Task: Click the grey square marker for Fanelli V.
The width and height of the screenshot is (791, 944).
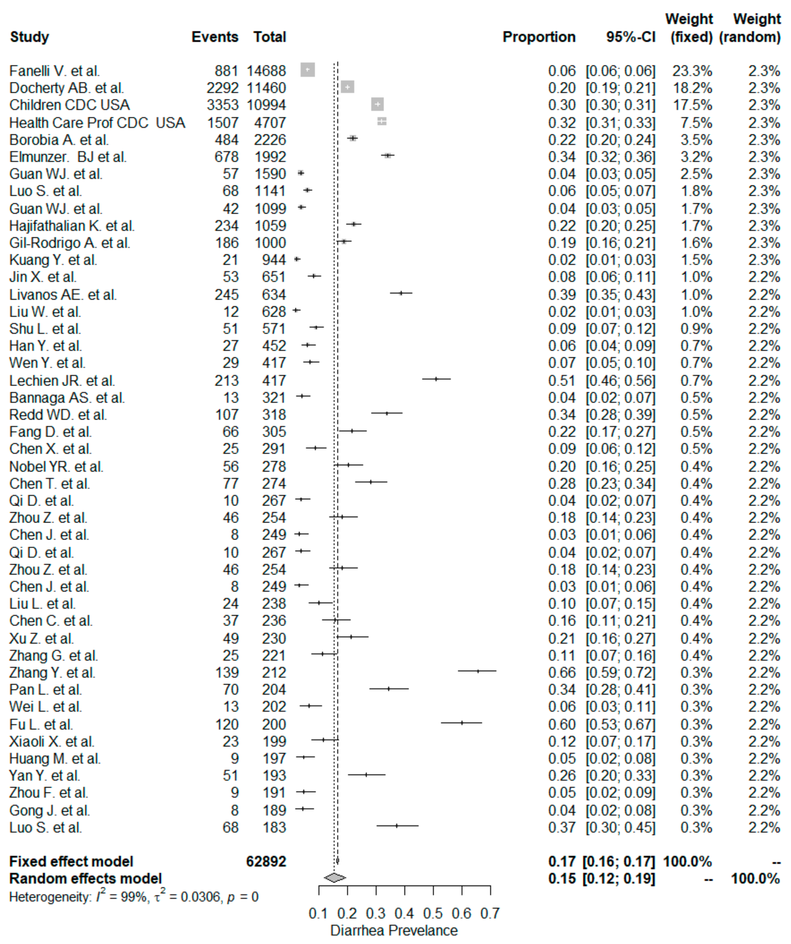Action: (x=308, y=70)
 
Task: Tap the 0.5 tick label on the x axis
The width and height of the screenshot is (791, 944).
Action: (x=433, y=913)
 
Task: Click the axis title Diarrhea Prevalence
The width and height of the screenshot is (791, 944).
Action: (x=394, y=931)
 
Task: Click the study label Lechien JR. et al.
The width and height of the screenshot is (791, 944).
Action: (x=62, y=381)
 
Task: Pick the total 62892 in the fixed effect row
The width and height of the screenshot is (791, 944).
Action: (x=266, y=861)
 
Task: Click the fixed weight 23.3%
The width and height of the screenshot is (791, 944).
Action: (x=692, y=71)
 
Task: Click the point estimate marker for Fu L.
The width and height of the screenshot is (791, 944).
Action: (x=462, y=723)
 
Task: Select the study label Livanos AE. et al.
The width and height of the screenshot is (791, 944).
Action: (x=63, y=295)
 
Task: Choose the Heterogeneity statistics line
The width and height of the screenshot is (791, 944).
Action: (x=134, y=897)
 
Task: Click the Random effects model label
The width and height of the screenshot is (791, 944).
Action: (x=85, y=878)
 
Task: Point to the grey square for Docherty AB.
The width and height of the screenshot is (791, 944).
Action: (x=347, y=87)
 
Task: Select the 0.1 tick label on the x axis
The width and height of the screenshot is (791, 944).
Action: (x=318, y=913)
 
